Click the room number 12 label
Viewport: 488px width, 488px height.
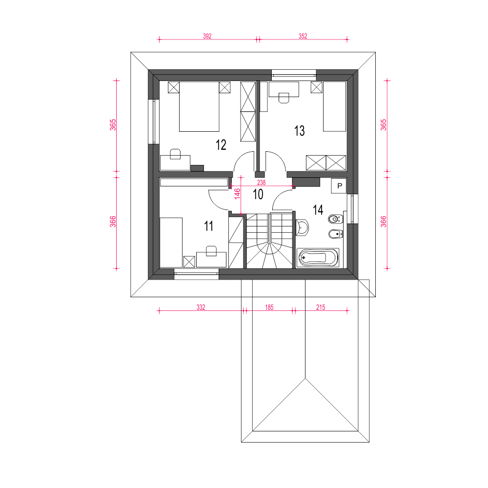(221, 145)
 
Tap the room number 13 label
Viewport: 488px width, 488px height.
(300, 131)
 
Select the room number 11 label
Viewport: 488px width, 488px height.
(208, 226)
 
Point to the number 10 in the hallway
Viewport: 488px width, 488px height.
(258, 194)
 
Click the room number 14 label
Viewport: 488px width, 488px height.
(318, 210)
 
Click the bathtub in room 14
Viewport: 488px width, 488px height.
(318, 258)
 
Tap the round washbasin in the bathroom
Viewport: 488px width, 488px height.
(302, 227)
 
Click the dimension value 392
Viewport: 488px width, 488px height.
(207, 36)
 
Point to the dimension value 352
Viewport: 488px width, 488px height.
(303, 36)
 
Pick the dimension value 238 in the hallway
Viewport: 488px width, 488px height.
(262, 183)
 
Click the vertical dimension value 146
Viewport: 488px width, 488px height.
(237, 194)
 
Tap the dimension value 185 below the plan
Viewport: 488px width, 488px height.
(269, 307)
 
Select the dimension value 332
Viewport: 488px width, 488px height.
(201, 307)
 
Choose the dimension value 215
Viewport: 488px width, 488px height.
(321, 307)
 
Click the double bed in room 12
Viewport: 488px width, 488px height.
(199, 106)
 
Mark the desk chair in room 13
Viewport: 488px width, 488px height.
(284, 98)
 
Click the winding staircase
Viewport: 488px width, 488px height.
(269, 241)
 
